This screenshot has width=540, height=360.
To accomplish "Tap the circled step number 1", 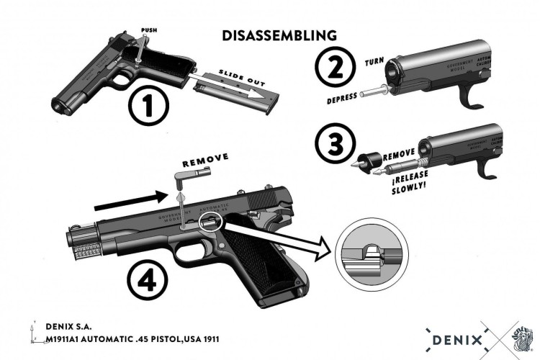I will pos(148,106).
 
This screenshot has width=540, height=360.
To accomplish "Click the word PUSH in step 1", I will pos(149,30).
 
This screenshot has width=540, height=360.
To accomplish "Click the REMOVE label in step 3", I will pos(399,154).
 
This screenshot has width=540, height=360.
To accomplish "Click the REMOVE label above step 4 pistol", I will pos(205,157).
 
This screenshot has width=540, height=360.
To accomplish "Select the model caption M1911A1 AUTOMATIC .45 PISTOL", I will pos(132,338).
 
